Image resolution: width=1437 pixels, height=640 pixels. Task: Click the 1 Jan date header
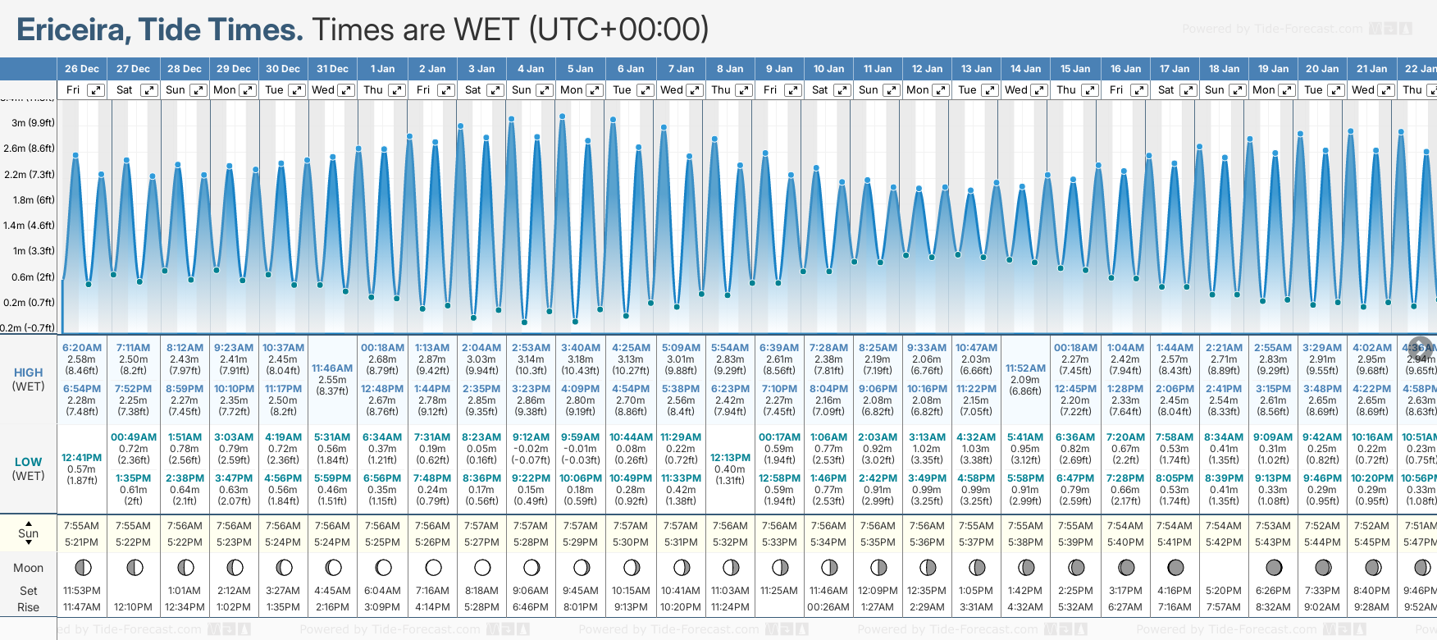(382, 69)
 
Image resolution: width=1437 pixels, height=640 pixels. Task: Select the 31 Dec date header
(332, 69)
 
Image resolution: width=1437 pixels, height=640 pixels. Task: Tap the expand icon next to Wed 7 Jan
(694, 90)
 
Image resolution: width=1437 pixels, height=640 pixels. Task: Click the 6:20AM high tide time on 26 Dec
(82, 348)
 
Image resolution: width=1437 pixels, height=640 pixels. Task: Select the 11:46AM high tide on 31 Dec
(332, 368)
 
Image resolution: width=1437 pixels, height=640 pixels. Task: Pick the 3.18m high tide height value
(581, 359)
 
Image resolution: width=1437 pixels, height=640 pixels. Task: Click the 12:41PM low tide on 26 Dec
(82, 458)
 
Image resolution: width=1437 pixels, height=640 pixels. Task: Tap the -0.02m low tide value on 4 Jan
(531, 449)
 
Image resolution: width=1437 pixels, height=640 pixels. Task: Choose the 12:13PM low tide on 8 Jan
(730, 458)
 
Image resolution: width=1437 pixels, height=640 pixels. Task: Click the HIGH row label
(29, 373)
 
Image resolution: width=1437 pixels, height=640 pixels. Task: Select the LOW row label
(29, 462)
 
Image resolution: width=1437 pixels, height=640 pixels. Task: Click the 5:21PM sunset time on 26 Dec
(82, 542)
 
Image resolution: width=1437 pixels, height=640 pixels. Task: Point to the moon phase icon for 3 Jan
(482, 568)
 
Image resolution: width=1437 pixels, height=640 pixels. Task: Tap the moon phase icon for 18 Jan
(1225, 568)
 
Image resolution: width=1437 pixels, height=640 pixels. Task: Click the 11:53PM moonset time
(82, 591)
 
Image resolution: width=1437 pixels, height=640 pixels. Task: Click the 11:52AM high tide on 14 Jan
(1025, 368)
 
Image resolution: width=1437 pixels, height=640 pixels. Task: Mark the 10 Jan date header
(828, 69)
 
